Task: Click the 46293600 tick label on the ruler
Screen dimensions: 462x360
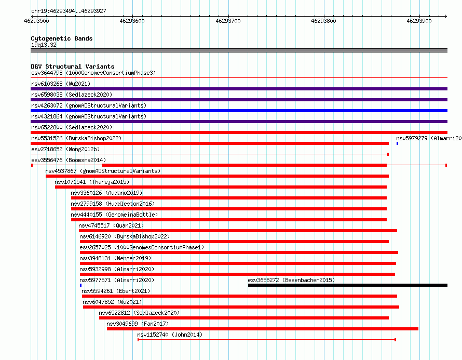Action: pyautogui.click(x=132, y=21)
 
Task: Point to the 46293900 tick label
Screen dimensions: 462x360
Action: pyautogui.click(x=419, y=21)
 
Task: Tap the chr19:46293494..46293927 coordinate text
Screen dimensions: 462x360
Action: pyautogui.click(x=69, y=11)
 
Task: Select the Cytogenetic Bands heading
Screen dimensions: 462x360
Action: pyautogui.click(x=62, y=38)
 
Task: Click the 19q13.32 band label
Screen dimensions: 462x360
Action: pyautogui.click(x=44, y=45)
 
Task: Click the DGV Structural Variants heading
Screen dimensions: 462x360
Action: pyautogui.click(x=73, y=66)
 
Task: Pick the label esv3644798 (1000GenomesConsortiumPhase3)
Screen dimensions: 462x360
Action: pyautogui.click(x=93, y=73)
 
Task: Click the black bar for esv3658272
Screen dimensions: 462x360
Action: pyautogui.click(x=348, y=285)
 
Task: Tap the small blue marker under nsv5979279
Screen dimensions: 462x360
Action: pyautogui.click(x=397, y=143)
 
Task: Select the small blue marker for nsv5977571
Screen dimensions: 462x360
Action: pyautogui.click(x=81, y=285)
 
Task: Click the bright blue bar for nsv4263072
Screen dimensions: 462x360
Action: pyautogui.click(x=239, y=111)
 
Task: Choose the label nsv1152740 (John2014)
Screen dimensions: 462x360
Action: pyautogui.click(x=170, y=335)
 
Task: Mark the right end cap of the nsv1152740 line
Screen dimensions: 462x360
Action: pyautogui.click(x=395, y=340)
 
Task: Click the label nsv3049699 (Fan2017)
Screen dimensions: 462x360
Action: pyautogui.click(x=138, y=324)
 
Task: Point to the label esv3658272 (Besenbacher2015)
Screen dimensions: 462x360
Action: pyautogui.click(x=291, y=280)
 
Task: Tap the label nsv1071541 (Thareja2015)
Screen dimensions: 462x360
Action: pyautogui.click(x=92, y=182)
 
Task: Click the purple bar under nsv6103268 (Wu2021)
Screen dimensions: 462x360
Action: pyautogui.click(x=239, y=89)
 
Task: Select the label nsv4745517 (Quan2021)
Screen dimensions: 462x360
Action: pyautogui.click(x=111, y=225)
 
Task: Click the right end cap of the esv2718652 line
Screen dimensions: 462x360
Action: pyautogui.click(x=388, y=154)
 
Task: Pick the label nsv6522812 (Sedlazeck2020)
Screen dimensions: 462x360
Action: pyautogui.click(x=139, y=313)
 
